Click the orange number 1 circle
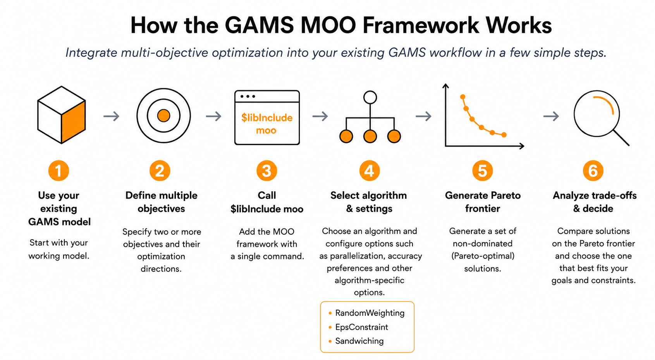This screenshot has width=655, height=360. click(x=58, y=171)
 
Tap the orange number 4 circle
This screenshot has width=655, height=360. click(x=369, y=171)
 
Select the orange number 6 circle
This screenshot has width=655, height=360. click(x=593, y=171)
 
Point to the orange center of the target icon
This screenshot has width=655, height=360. click(x=163, y=116)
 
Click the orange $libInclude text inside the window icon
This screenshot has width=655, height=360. click(x=266, y=118)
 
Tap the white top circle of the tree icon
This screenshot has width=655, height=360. click(x=370, y=97)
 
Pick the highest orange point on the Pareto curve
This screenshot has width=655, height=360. click(x=462, y=97)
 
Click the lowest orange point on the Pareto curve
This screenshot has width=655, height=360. click(x=504, y=135)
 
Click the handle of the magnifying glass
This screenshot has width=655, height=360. click(x=621, y=138)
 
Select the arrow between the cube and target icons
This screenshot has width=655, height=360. click(x=112, y=116)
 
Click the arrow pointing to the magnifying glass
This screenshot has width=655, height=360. click(x=551, y=116)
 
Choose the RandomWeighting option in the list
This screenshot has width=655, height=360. click(x=370, y=313)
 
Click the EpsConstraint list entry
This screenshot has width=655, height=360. click(x=361, y=327)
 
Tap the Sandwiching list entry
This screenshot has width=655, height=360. click(x=359, y=341)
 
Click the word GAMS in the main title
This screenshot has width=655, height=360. click(x=259, y=25)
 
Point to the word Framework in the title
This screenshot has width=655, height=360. click(x=421, y=25)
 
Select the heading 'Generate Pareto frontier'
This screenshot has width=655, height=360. click(x=483, y=202)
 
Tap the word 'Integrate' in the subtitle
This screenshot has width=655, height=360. click(x=91, y=53)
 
